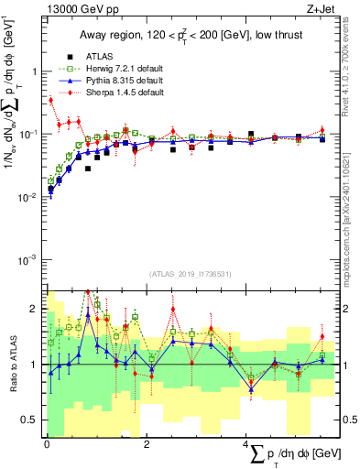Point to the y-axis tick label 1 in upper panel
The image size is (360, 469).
[36, 71]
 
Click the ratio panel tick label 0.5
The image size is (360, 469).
[32, 420]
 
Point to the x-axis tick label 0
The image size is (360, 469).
[47, 442]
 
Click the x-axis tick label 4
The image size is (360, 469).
[247, 442]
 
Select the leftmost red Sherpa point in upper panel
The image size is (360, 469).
[50, 101]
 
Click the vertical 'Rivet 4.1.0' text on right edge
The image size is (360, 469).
[353, 64]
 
